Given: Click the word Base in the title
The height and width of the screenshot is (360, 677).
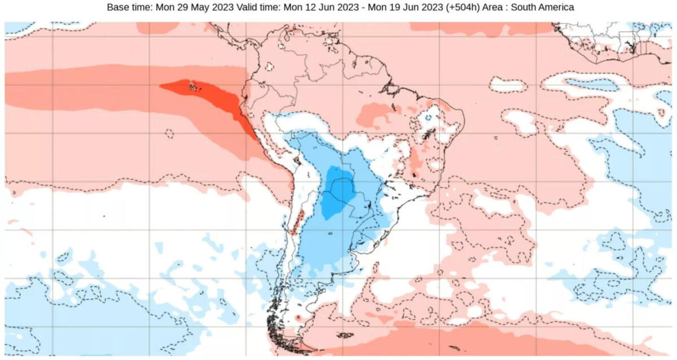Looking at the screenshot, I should point(117,8).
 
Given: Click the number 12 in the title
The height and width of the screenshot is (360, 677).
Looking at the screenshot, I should point(322,8).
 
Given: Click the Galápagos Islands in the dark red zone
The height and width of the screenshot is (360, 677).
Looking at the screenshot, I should point(194,87).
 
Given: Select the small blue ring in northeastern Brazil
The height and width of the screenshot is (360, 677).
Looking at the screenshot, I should point(428,118).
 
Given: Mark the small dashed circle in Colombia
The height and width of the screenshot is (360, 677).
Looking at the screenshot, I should point(269,67).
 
